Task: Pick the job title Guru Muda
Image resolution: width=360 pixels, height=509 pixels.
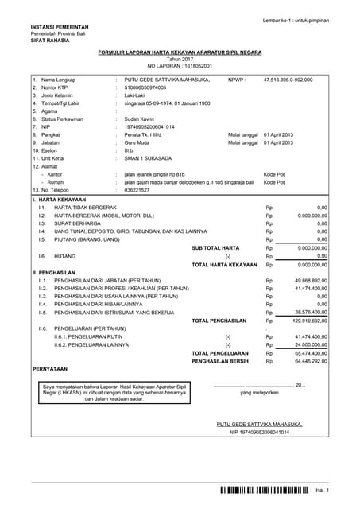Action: tap(141, 142)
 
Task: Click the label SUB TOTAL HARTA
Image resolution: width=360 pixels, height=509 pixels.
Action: tap(215, 247)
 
